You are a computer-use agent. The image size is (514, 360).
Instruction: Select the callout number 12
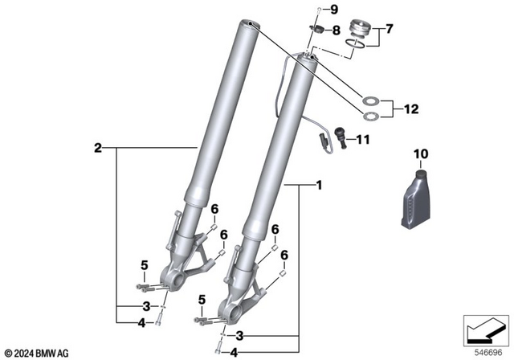(411, 108)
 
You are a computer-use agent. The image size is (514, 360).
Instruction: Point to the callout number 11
(362, 139)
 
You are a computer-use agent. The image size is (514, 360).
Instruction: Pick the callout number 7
(390, 30)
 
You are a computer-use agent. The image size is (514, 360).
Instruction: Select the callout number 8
(337, 31)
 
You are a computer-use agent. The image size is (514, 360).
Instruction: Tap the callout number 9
(336, 10)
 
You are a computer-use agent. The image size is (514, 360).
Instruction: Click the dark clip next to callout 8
(318, 31)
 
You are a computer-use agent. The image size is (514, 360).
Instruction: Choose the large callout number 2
(97, 148)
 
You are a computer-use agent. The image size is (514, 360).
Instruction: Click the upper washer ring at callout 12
(371, 101)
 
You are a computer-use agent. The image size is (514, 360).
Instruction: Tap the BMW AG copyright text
(39, 353)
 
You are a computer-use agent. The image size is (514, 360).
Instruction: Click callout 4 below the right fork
(234, 351)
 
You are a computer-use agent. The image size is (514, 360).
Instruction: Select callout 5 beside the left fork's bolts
(145, 265)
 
